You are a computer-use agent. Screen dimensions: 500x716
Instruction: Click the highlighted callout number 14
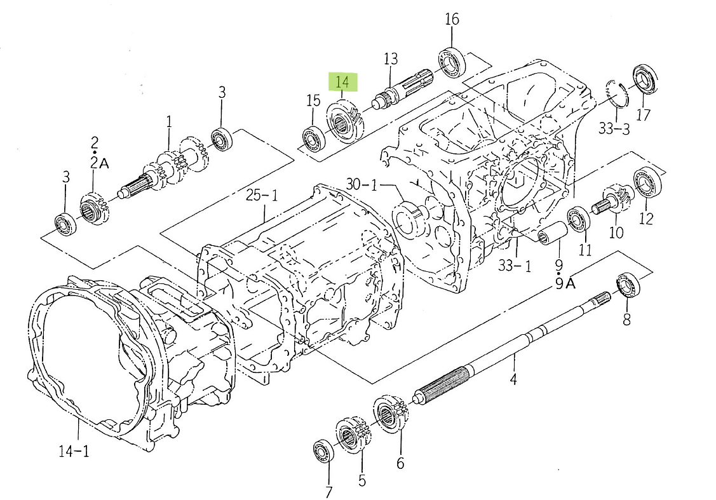tap(342, 82)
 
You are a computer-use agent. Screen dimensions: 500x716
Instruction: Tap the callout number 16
tap(451, 19)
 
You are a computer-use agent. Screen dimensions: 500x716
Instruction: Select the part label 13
tap(390, 59)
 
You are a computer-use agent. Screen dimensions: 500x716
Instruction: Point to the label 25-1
tap(262, 196)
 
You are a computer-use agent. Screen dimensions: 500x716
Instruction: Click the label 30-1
tap(361, 185)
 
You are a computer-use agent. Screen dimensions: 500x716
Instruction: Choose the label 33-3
tap(614, 129)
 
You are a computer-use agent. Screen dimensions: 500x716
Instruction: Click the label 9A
tap(565, 283)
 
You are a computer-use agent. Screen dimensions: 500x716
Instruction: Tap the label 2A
tap(100, 163)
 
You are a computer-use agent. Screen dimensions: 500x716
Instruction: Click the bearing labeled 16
tap(451, 62)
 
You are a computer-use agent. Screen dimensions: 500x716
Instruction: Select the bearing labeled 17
tap(647, 79)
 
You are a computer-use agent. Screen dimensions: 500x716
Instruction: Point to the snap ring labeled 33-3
tap(616, 94)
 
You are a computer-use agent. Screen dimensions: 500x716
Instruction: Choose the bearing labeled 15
tap(313, 139)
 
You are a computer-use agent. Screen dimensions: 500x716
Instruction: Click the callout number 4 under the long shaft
tap(513, 379)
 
